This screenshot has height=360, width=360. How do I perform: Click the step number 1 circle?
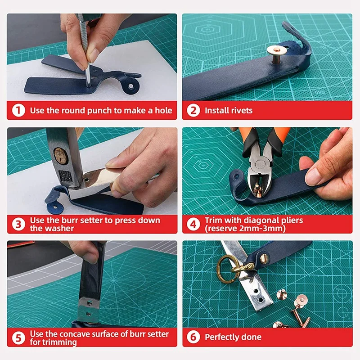coord(18,110)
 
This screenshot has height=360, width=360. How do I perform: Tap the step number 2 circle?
coord(193,110)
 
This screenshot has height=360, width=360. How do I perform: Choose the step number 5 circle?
coord(18,337)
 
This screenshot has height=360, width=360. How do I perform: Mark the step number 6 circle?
coord(193,337)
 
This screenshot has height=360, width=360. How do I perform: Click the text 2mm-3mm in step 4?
coord(266,228)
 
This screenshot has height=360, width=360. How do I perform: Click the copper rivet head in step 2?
coord(273,49)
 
